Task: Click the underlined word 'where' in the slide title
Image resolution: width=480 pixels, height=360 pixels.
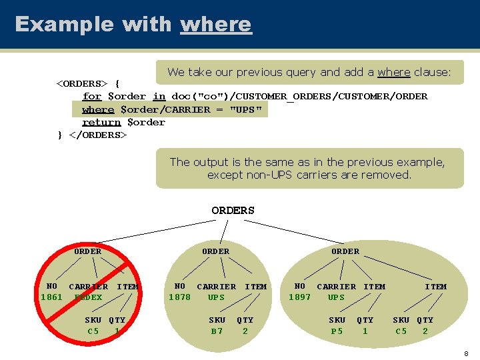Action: [x=216, y=25]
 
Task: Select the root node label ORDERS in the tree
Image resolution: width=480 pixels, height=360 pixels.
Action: [x=233, y=211]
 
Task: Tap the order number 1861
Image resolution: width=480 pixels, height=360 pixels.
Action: [x=51, y=297]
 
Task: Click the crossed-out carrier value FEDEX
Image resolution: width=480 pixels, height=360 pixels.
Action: [x=88, y=297]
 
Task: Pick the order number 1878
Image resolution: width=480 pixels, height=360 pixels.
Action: [x=179, y=297]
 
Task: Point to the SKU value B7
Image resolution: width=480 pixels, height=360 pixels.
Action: [x=217, y=331]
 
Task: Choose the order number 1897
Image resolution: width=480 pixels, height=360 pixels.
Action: [x=299, y=297]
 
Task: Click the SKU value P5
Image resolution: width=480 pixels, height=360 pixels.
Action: [x=337, y=331]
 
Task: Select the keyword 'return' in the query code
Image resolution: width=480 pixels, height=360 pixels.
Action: [x=101, y=122]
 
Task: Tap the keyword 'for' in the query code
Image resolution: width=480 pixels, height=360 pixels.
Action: [x=91, y=96]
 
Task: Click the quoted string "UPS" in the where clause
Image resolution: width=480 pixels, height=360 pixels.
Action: [x=246, y=109]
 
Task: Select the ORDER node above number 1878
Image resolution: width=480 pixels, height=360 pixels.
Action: [x=215, y=251]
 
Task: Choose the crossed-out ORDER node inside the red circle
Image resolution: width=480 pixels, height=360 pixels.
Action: [x=87, y=251]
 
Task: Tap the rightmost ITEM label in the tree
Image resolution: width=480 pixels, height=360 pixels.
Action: [x=436, y=287]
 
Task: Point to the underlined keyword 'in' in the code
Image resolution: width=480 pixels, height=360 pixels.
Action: [x=159, y=96]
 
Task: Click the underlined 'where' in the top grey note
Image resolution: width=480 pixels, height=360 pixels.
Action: [x=393, y=72]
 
